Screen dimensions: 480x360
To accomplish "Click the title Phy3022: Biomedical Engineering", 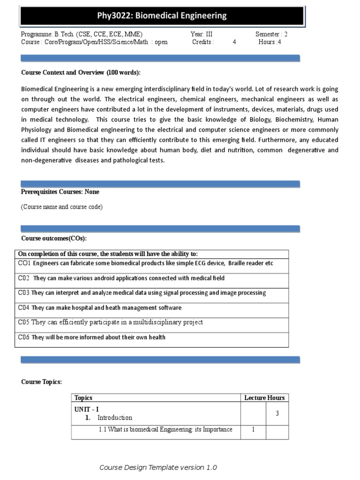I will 162,16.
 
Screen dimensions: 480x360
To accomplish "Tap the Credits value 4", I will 234,42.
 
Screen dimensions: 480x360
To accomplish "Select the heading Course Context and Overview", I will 81,73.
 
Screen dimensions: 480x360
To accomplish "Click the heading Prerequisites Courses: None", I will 60,192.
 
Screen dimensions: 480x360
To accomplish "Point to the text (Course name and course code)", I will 61,207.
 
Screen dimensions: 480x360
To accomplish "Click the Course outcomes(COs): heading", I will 54,239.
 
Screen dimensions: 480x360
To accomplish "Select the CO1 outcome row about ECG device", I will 145,263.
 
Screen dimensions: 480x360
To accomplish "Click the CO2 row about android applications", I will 121,278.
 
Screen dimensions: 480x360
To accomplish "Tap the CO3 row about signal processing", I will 142,293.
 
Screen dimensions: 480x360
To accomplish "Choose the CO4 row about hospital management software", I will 99,308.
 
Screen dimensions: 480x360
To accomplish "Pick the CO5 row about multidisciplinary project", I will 111,322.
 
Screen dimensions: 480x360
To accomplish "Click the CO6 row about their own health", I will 91,337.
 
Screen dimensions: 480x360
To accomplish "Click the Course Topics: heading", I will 41,382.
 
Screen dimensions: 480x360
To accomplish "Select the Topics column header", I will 83,398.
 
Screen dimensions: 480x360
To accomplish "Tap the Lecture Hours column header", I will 264,398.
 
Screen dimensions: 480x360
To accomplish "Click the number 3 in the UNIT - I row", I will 277,414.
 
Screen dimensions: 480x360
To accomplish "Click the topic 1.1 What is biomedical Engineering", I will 165,430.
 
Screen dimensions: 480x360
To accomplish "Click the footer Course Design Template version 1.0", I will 158,468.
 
